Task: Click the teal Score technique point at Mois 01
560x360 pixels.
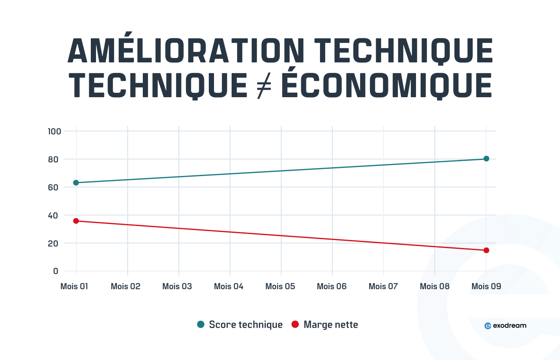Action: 76,183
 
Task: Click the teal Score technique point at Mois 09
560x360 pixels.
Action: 486,159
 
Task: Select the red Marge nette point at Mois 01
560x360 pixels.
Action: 76,221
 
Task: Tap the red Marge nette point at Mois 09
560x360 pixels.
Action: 486,250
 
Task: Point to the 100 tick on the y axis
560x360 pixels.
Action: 54,132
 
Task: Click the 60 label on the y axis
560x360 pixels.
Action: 53,188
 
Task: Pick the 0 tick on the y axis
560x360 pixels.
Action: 56,271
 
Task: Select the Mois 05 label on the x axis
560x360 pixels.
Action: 280,286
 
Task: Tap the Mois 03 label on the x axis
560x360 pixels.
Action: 177,286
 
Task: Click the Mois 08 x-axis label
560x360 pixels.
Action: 434,286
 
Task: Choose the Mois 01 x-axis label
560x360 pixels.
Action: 74,286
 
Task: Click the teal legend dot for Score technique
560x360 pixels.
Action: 201,324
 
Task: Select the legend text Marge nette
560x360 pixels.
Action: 331,325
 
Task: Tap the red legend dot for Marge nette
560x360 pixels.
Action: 295,324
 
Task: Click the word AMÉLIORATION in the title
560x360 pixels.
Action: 186,51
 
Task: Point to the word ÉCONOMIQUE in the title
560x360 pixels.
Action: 387,86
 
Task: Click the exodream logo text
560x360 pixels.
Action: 510,326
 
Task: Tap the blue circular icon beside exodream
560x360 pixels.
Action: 488,326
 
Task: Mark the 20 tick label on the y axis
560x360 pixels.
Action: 53,244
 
